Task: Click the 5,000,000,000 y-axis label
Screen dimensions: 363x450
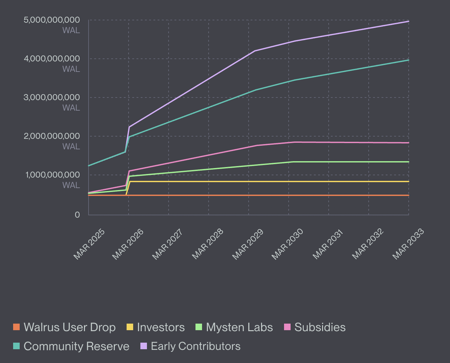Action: (x=51, y=20)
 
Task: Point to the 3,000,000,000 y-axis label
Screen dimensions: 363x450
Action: (x=51, y=97)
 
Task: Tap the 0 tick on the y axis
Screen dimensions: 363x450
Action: (x=77, y=215)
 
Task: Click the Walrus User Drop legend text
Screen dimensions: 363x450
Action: (x=70, y=327)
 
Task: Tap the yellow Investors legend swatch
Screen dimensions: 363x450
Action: (x=130, y=327)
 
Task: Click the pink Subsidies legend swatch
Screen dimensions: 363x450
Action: (x=287, y=327)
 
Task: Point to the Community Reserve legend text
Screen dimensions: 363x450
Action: (x=76, y=346)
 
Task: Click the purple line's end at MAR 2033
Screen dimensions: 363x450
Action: (x=408, y=21)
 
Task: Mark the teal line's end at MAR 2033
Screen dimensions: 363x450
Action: (x=408, y=60)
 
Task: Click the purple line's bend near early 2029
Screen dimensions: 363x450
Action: (x=255, y=51)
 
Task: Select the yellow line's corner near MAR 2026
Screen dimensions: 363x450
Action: (x=130, y=181)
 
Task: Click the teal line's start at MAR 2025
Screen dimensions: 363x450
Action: (x=89, y=166)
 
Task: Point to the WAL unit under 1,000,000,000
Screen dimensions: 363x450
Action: (x=71, y=185)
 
